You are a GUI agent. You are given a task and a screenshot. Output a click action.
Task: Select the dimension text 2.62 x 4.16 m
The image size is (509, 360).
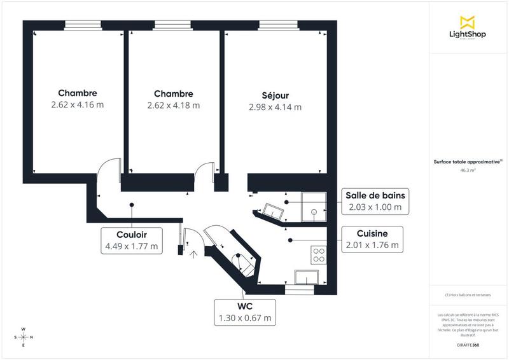[x=77, y=105]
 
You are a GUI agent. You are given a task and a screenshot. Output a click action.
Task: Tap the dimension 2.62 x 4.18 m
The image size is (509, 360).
[x=173, y=105]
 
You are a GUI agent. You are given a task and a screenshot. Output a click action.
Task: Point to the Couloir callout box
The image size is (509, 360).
[x=132, y=239]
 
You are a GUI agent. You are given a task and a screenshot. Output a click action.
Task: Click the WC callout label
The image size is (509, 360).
[x=245, y=312]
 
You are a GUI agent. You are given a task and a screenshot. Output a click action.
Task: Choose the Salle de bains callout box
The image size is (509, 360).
[x=374, y=200]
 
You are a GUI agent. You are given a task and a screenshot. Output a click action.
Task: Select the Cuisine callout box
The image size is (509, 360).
[x=374, y=239]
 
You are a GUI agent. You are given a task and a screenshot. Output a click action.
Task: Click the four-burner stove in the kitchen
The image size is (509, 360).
[x=318, y=255]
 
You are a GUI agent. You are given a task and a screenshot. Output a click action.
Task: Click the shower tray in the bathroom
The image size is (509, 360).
[x=314, y=204]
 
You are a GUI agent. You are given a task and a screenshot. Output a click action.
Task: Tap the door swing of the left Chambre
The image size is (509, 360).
[x=108, y=171]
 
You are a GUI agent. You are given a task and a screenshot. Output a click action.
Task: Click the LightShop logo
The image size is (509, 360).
[x=468, y=29]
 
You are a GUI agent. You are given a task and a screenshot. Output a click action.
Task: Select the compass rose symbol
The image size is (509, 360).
[x=24, y=337]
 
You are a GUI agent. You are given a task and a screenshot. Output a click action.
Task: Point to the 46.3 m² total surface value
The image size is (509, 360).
[x=468, y=170]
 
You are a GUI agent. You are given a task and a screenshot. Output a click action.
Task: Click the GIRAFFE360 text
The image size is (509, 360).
[x=468, y=345]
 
